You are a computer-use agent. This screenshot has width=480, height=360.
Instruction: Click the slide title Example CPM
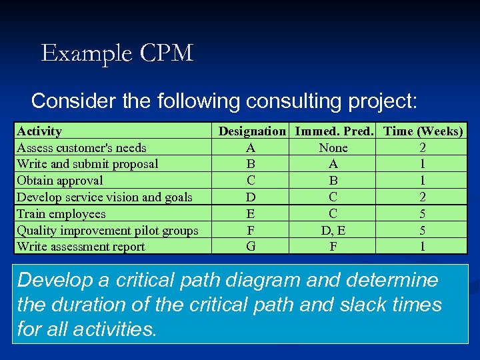tap(117, 53)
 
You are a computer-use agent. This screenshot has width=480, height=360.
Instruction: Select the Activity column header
tap(39, 131)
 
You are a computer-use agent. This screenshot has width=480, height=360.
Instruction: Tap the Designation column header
tap(252, 131)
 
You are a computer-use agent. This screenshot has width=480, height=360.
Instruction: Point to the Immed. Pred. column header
tap(333, 131)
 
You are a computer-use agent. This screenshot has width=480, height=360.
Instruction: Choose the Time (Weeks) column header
tap(423, 131)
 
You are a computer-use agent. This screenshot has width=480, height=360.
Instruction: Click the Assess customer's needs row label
tap(81, 148)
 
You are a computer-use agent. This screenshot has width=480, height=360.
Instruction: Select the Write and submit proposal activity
tap(87, 164)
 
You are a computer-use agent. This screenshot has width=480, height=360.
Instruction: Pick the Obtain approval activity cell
tap(60, 181)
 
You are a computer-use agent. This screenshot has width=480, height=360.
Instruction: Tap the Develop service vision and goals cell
tap(105, 197)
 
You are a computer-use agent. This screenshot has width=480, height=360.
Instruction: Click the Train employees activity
tap(61, 214)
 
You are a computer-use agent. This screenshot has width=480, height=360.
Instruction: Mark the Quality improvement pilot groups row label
tap(107, 231)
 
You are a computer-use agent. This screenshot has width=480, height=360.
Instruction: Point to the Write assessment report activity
tap(81, 247)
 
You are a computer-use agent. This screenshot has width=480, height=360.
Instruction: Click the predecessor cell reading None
tap(333, 148)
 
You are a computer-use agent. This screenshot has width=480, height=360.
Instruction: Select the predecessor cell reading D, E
tap(333, 231)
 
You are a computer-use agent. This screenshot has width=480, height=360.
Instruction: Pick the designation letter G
tap(251, 247)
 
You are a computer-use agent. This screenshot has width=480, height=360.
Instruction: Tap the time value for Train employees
tap(423, 214)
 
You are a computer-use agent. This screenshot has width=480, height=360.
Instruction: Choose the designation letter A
tap(251, 148)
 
